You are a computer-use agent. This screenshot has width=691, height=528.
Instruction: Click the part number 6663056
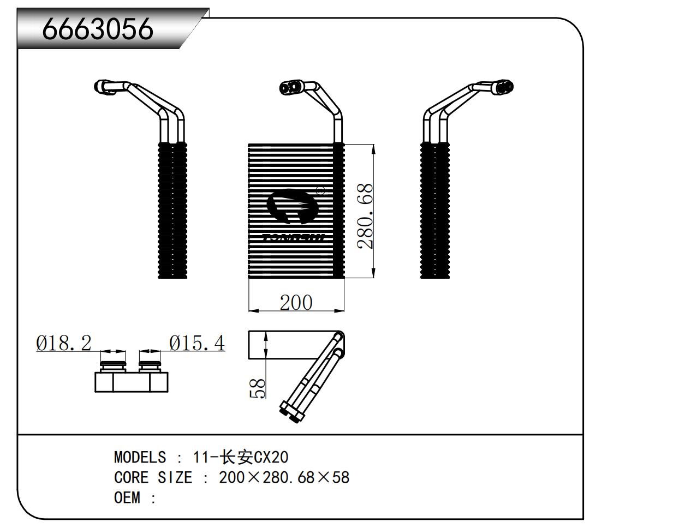[98, 28]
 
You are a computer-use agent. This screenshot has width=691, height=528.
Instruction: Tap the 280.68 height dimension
[365, 216]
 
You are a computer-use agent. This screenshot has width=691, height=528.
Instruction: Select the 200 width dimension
[296, 302]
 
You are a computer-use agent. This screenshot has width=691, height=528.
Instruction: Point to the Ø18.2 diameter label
[64, 343]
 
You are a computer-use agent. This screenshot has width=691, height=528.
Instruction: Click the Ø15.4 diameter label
[196, 343]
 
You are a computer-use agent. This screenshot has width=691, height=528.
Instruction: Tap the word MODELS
[140, 457]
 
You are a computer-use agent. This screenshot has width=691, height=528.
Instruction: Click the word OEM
[127, 497]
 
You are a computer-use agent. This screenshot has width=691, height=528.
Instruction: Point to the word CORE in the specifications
[131, 477]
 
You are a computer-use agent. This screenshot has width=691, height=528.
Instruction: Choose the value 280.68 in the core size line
[287, 477]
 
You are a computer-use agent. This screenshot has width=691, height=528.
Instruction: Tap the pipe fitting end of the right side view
[505, 86]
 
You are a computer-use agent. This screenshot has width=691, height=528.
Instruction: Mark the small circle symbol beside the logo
[321, 190]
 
